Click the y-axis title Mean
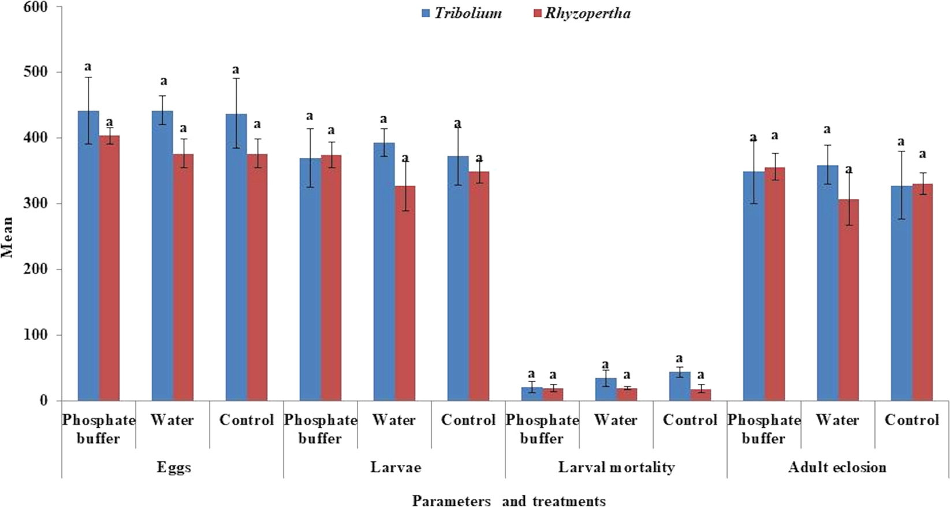[x=8, y=237]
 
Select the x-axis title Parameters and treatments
[x=508, y=500]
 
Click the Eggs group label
[x=173, y=467]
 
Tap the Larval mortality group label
[x=616, y=467]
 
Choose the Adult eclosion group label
[x=837, y=467]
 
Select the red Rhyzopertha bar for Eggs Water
[x=183, y=277]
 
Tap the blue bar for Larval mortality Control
[x=680, y=387]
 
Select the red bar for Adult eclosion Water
[x=848, y=301]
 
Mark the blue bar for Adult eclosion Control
[x=901, y=295]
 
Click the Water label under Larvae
[x=394, y=420]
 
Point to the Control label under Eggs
[x=247, y=420]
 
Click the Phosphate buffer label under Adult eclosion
[x=763, y=429]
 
